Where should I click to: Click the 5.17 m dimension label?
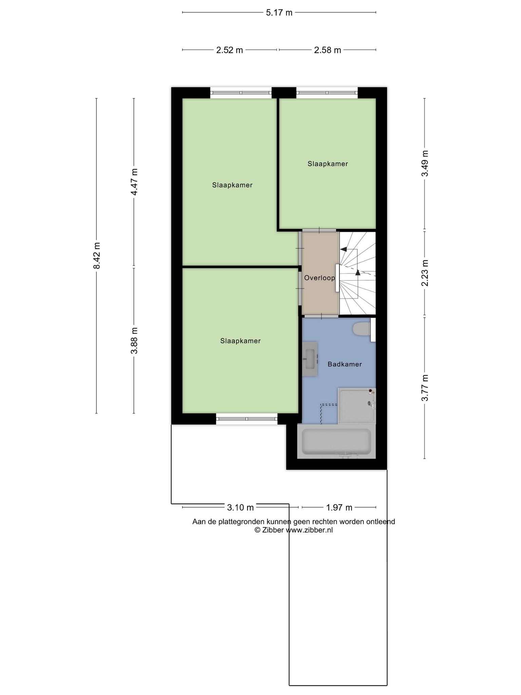[279, 13]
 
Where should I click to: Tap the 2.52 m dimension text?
[230, 50]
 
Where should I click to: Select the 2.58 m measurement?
[327, 50]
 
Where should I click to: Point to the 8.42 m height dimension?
[97, 256]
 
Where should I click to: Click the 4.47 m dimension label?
[134, 182]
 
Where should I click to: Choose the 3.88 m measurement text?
[134, 340]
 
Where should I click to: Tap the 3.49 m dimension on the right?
[425, 163]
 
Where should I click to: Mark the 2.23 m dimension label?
[425, 273]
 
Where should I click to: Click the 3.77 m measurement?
[425, 388]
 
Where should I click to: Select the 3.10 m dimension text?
[240, 508]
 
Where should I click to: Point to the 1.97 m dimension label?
[339, 508]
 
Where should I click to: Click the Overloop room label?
[320, 278]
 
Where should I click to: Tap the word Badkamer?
[345, 364]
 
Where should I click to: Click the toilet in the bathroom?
[362, 329]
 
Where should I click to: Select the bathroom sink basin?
[310, 359]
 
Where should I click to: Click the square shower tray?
[357, 406]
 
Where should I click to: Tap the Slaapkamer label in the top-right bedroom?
[328, 164]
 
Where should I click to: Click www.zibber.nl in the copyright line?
[309, 530]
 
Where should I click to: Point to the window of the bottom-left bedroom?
[247, 419]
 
